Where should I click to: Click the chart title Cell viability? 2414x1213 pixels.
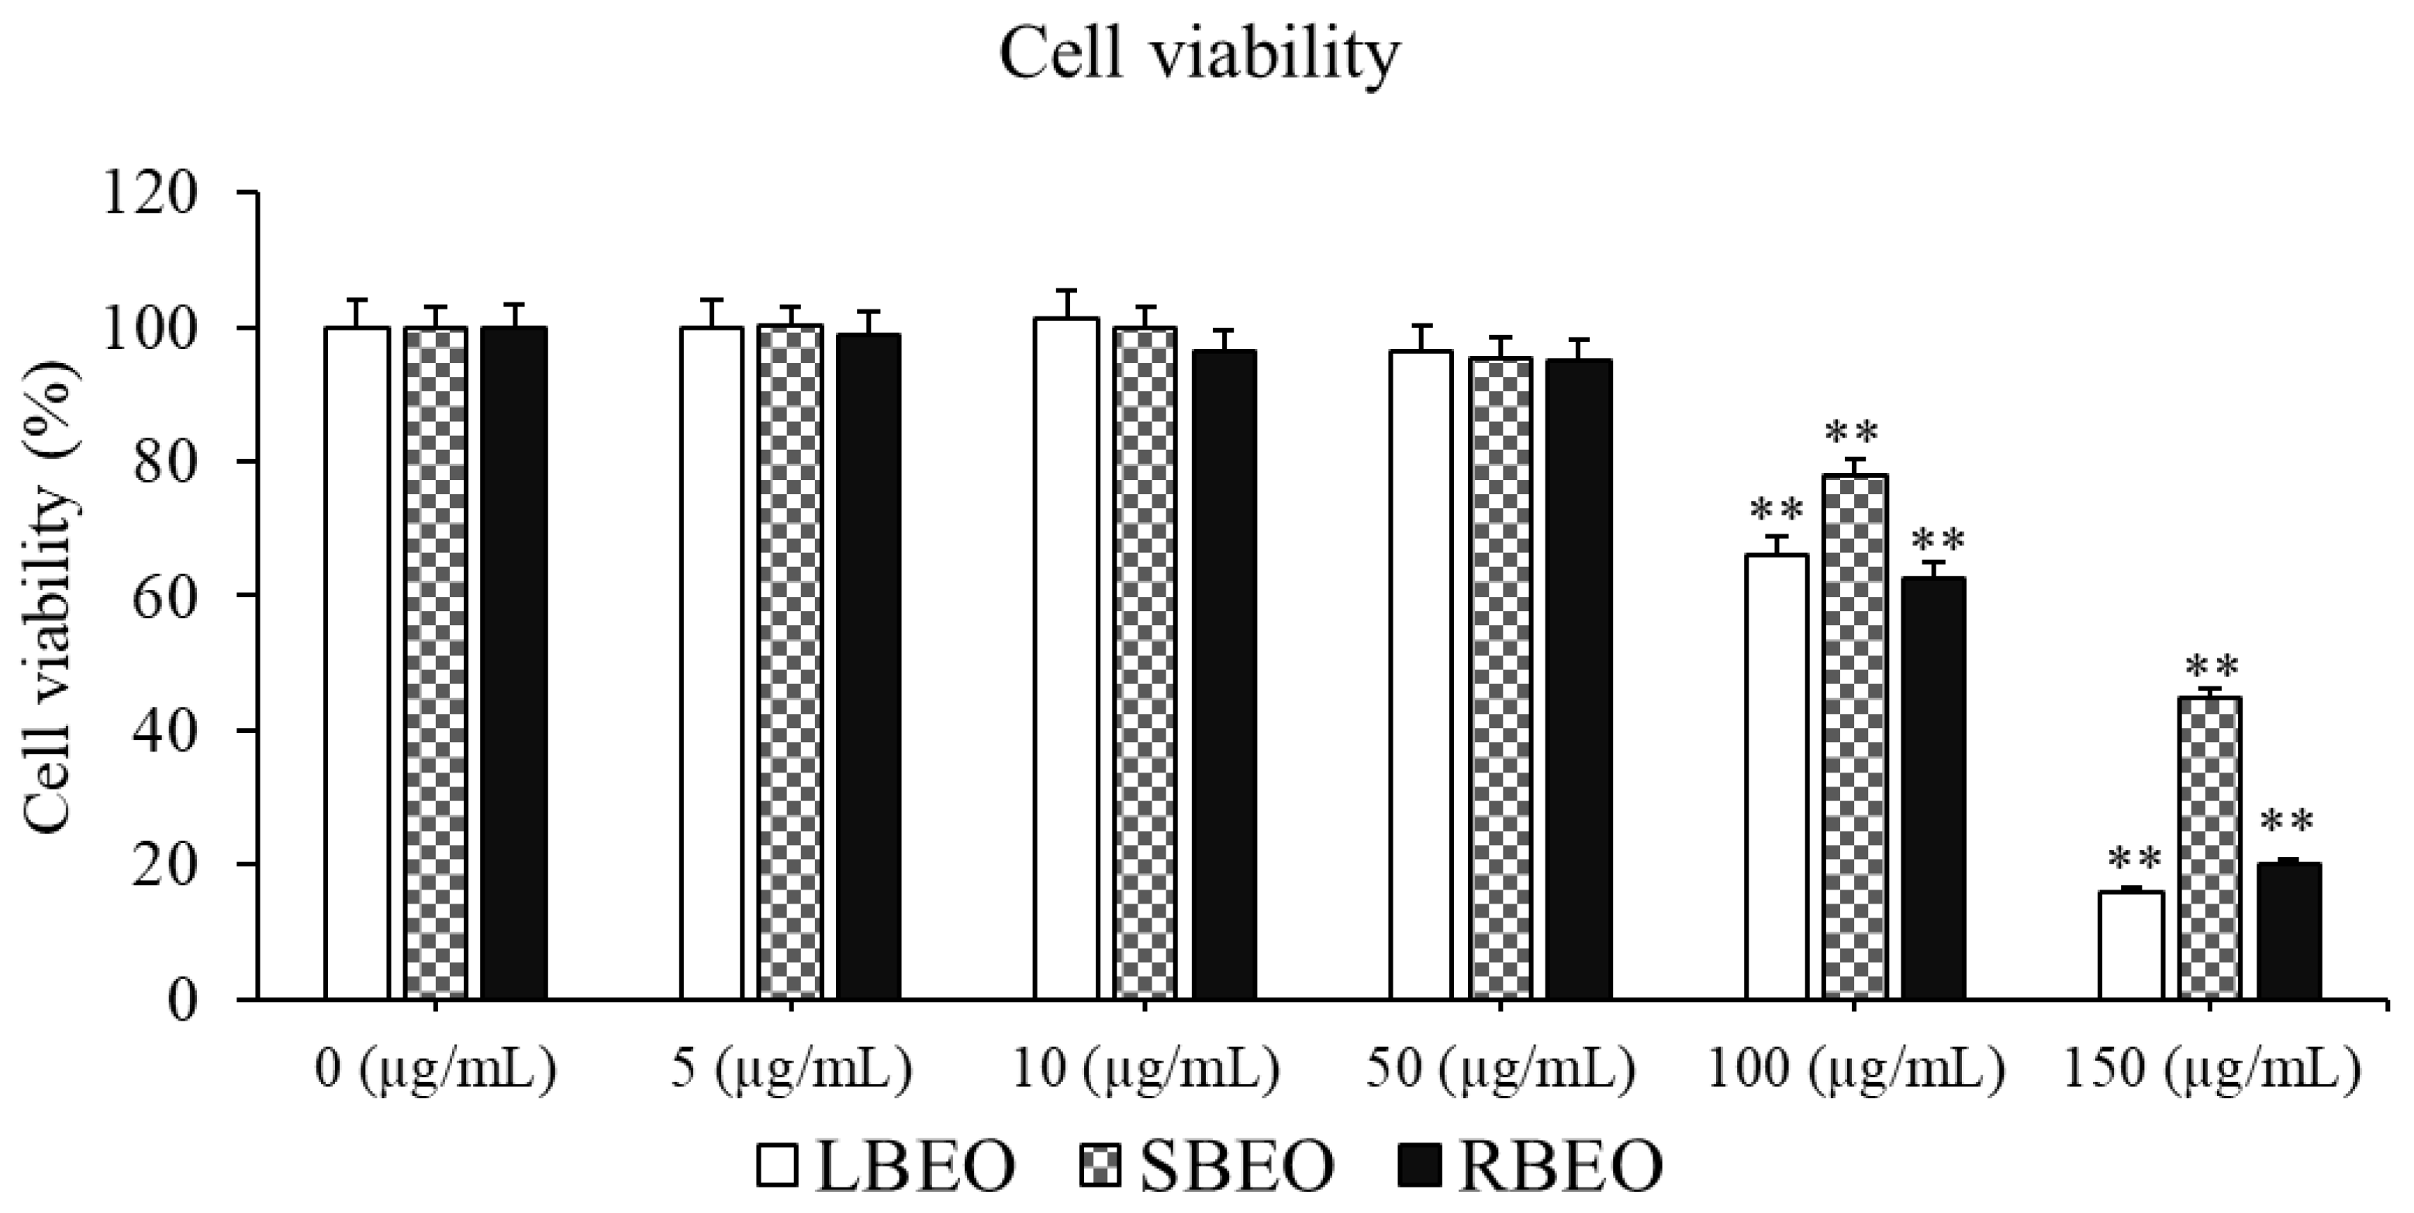point(1200,57)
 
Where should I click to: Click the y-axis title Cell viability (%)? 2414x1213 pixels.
point(49,597)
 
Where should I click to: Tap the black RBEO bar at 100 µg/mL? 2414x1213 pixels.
point(1932,787)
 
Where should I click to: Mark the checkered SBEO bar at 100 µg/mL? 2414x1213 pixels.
point(1855,737)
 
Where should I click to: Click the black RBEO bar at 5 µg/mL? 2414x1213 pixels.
point(869,665)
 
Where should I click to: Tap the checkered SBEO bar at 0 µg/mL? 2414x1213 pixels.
point(435,663)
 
